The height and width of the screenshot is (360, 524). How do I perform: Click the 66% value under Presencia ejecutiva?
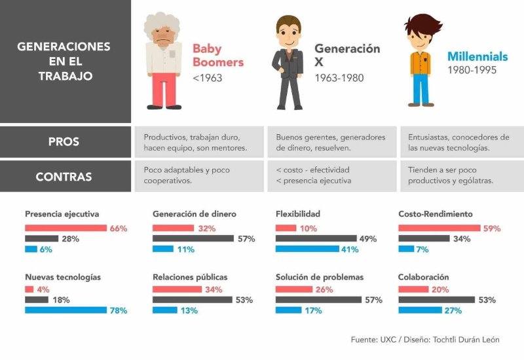click(x=119, y=228)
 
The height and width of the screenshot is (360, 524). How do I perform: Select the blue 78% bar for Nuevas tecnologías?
click(x=65, y=310)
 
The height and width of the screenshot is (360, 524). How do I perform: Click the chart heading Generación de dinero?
click(x=194, y=214)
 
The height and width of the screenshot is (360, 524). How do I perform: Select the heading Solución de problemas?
click(x=319, y=277)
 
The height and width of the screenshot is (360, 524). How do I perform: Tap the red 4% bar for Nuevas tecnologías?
click(x=29, y=289)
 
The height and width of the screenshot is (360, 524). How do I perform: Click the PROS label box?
click(x=65, y=141)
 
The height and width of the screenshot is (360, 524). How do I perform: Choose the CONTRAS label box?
click(x=65, y=177)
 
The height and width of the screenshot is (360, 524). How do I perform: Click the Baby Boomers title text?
click(x=217, y=56)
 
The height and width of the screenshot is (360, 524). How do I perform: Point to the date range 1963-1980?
click(x=339, y=79)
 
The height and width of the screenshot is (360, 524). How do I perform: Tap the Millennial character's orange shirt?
click(x=420, y=63)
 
